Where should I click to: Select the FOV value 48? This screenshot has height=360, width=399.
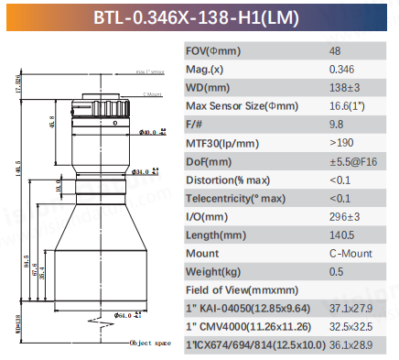tap(334, 52)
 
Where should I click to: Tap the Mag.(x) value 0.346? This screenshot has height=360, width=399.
tap(340, 69)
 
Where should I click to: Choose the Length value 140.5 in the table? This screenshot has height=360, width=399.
tap(340, 235)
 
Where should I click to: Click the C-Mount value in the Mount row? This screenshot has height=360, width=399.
tap(347, 252)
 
